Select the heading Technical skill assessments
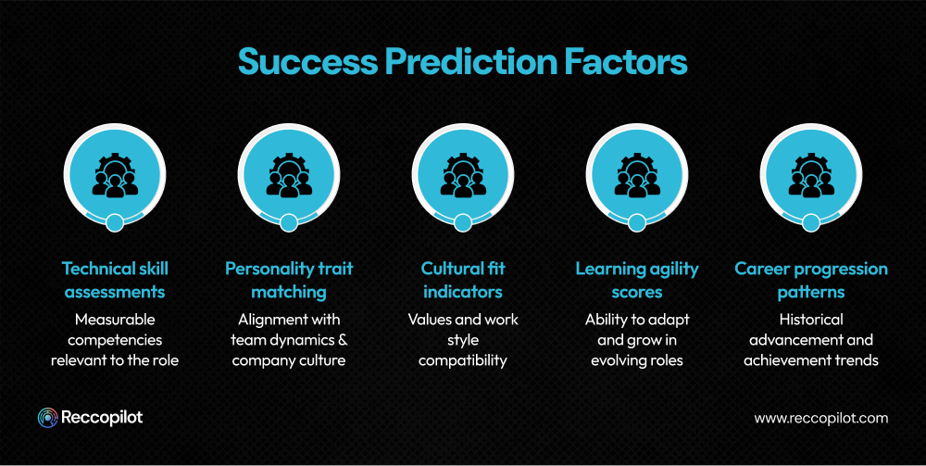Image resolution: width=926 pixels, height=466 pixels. point(115,280)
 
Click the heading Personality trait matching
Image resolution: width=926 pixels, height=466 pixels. point(289,280)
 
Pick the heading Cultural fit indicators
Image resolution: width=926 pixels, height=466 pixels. point(463,280)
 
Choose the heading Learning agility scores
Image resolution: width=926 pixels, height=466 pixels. point(637,280)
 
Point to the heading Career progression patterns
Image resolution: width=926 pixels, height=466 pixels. point(811,280)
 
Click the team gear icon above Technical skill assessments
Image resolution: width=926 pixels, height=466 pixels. point(115,176)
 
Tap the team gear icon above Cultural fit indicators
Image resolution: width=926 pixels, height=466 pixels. point(463,176)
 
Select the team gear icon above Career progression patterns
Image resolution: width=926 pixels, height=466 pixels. point(811,176)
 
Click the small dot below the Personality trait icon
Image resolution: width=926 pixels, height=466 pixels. point(289,222)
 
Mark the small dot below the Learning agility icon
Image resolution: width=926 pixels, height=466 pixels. point(637,222)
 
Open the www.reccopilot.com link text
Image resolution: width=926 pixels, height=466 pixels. point(820,418)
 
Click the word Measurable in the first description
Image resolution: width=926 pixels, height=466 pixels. point(115,320)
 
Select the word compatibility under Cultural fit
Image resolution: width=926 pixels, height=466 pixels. point(463,360)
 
